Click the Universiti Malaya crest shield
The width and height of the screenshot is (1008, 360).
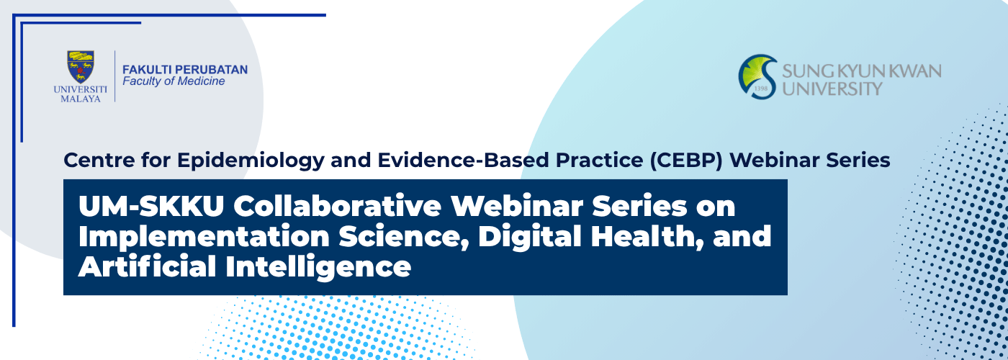coord(81,67)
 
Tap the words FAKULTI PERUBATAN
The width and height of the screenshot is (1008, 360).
coord(185,70)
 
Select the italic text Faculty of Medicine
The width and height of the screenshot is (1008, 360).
coord(174,81)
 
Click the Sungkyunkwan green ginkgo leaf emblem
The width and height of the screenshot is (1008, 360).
coord(757,76)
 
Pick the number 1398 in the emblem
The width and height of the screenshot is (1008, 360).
coord(760,88)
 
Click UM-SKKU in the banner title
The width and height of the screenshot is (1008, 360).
coord(151,206)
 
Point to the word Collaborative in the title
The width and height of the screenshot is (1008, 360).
coord(337,206)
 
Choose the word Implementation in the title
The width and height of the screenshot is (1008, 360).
coord(204,237)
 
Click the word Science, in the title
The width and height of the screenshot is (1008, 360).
coord(404,237)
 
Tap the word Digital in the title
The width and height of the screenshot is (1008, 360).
coord(530,237)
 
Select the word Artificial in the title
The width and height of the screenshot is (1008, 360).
coord(147,266)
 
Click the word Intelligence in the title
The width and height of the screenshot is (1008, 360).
coord(318,267)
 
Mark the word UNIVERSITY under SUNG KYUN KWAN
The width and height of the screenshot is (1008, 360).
coord(832,89)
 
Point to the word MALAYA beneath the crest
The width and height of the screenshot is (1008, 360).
coord(81,99)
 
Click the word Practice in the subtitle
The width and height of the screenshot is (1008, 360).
coord(599,160)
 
